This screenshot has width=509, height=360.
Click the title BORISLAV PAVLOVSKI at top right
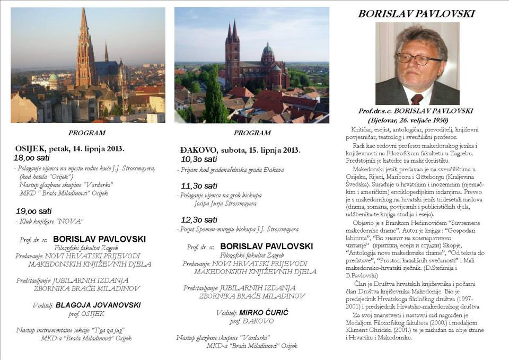tap(416, 14)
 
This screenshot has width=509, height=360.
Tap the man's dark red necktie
tap(417, 98)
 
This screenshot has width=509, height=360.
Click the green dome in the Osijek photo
tap(54, 78)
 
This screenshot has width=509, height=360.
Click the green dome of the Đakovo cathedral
tap(268, 49)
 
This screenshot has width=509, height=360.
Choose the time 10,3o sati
tap(199, 159)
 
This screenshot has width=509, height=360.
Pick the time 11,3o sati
tap(199, 186)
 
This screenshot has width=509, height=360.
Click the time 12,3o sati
tap(199, 219)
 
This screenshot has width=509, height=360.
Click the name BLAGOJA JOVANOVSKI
tap(98, 305)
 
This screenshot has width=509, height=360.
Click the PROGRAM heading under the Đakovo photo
tap(252, 133)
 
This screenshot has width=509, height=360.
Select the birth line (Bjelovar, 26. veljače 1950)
tap(415, 120)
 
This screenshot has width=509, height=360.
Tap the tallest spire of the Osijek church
tap(84, 21)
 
